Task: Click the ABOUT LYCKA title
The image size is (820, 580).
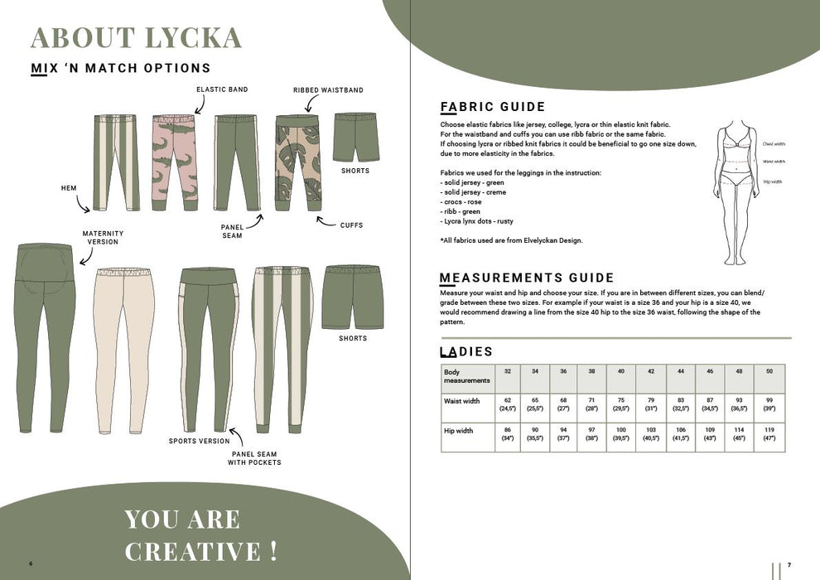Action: pyautogui.click(x=136, y=37)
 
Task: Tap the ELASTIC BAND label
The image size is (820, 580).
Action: pyautogui.click(x=221, y=89)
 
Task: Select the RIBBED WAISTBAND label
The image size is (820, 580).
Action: pyautogui.click(x=328, y=89)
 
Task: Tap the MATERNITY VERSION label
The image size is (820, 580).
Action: pyautogui.click(x=103, y=238)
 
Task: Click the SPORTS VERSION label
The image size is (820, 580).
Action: pyautogui.click(x=199, y=442)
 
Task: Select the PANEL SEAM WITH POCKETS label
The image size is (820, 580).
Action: pyautogui.click(x=254, y=457)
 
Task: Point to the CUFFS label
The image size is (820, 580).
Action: pyautogui.click(x=351, y=225)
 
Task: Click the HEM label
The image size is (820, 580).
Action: pyautogui.click(x=69, y=188)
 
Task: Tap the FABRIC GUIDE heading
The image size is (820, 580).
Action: pyautogui.click(x=493, y=107)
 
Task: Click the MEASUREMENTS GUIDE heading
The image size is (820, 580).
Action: pyautogui.click(x=527, y=278)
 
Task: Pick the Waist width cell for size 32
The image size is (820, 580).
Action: pyautogui.click(x=507, y=405)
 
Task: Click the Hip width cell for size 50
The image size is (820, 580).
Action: pyautogui.click(x=768, y=434)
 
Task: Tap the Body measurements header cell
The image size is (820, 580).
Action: pyautogui.click(x=466, y=377)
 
